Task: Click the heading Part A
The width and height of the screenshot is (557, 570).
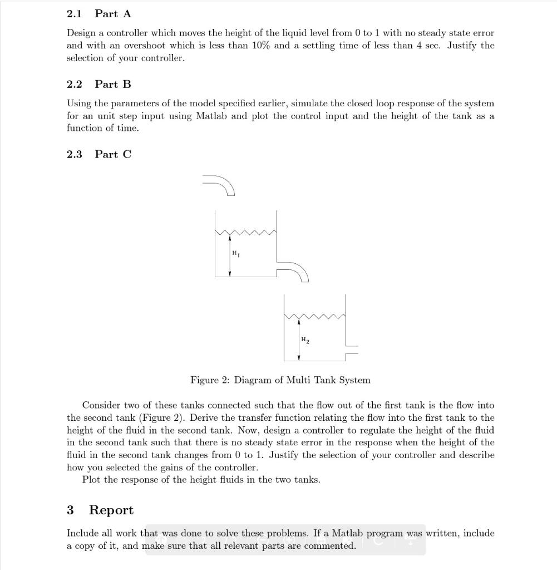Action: pos(113,14)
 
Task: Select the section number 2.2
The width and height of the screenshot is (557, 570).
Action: pos(74,84)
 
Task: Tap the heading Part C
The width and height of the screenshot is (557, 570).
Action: pos(113,154)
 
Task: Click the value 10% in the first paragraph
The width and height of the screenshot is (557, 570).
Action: pos(260,46)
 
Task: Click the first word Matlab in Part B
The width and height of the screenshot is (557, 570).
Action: pos(209,116)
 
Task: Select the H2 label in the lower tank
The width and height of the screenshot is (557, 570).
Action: pos(304,340)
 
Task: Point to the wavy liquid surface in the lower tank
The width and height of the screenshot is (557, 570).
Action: pos(314,317)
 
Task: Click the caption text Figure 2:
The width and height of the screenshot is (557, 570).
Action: pos(210,380)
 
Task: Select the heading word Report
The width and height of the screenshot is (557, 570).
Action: pos(111,510)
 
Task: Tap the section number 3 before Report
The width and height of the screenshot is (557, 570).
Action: pos(70,510)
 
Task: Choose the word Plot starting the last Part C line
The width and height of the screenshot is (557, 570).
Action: pos(91,480)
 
